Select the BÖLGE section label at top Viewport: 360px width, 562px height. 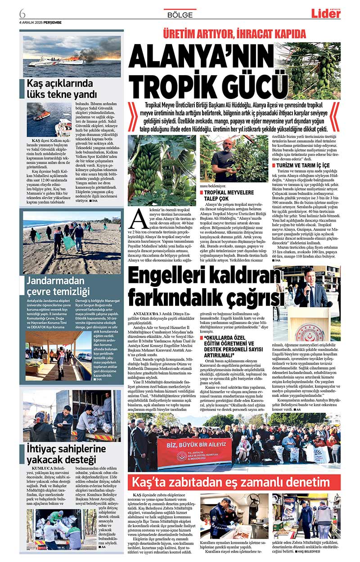click(180, 15)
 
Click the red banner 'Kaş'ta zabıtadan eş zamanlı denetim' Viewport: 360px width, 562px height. click(234, 482)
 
